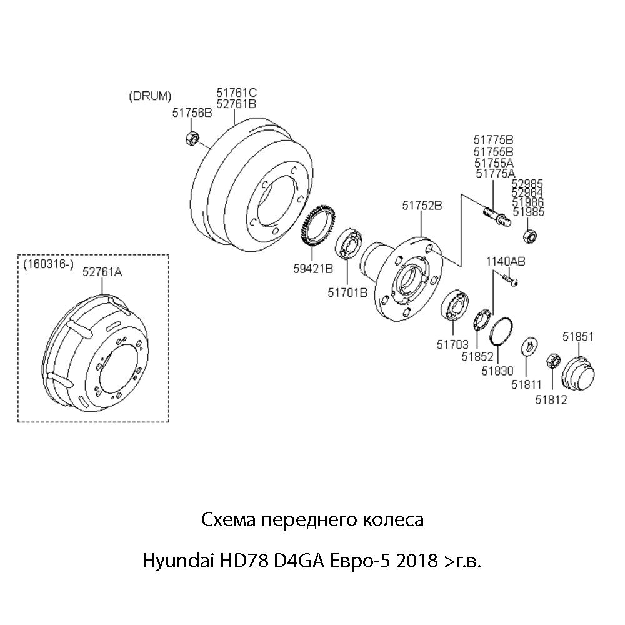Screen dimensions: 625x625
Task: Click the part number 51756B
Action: [192, 112]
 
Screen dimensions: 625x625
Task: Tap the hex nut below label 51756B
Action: [192, 137]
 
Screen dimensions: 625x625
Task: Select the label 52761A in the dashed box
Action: [102, 272]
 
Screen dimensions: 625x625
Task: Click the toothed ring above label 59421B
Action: [317, 227]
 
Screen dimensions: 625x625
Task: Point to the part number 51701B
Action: [347, 292]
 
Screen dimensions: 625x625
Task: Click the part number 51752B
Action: [422, 206]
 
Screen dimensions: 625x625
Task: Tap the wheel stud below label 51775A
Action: [497, 216]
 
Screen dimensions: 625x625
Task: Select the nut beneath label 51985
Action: [530, 236]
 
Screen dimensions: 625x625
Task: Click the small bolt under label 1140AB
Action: [511, 279]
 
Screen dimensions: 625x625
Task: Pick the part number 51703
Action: [452, 344]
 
